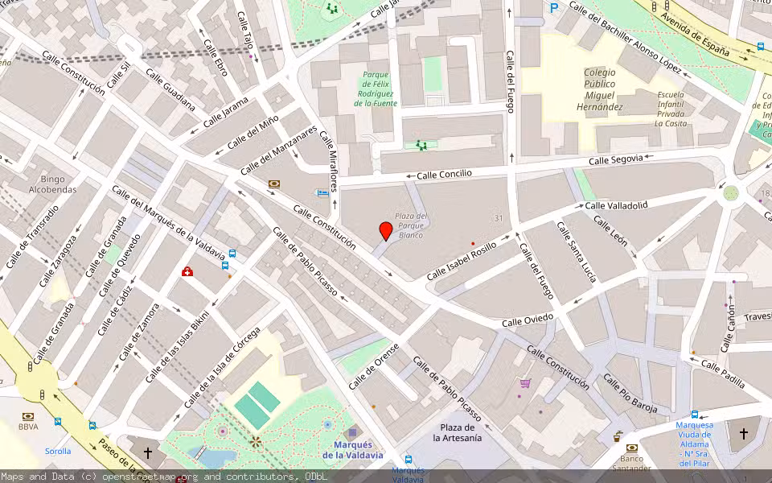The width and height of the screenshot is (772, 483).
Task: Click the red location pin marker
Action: coord(386,231)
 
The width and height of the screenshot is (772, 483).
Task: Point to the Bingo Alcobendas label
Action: coord(53,184)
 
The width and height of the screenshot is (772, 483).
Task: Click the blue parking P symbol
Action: coord(553,8)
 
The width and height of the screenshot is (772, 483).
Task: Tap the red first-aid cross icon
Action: coord(187,272)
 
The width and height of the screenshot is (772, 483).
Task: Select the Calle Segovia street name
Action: coord(615,160)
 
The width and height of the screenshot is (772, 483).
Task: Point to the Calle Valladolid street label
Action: coord(616,205)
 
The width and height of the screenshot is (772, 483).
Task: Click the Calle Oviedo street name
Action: coord(528,320)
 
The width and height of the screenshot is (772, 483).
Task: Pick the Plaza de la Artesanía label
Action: coord(458,432)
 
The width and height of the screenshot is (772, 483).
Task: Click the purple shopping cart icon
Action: coord(525,383)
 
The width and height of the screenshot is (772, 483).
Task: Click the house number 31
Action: coord(499,219)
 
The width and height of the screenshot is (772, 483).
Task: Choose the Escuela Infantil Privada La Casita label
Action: coord(670,109)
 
